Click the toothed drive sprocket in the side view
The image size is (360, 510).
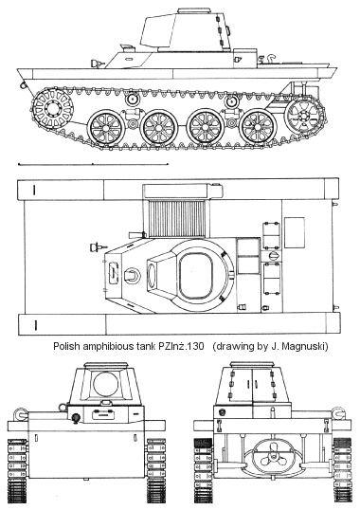[x=52, y=107]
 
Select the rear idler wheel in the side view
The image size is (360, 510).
[x=304, y=116]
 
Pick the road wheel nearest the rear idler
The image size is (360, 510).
[x=259, y=128]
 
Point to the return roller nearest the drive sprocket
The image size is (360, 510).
[x=133, y=99]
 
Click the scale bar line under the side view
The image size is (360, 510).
[x=93, y=165]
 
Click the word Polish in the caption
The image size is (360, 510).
[x=66, y=346]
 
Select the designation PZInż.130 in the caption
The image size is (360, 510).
[x=181, y=346]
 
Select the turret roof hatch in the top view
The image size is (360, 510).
[x=195, y=276]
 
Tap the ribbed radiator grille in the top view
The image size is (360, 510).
[x=177, y=219]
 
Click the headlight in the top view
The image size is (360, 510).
[x=97, y=247]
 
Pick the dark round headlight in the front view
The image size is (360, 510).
[x=76, y=418]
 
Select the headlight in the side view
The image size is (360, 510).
[x=97, y=64]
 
